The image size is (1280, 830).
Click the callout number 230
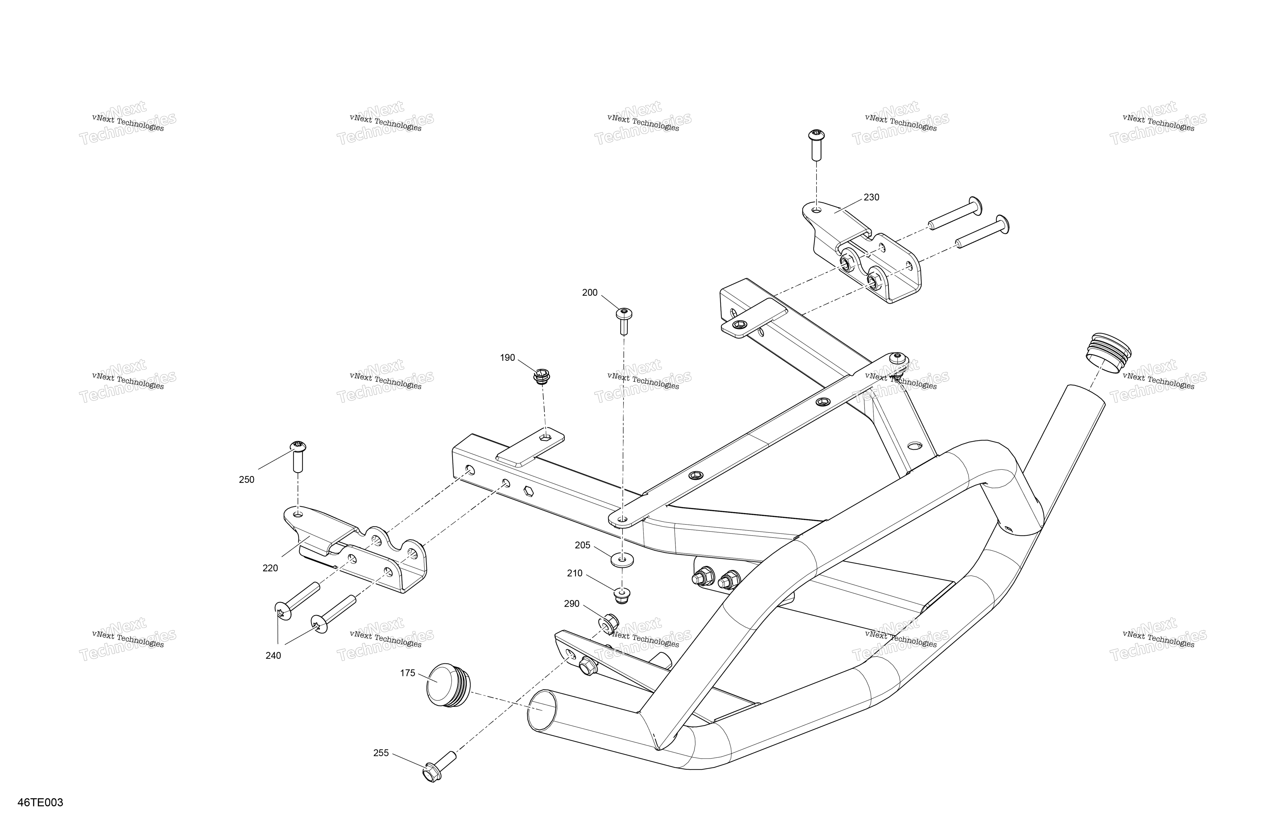(x=871, y=197)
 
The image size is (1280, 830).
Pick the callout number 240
(x=273, y=656)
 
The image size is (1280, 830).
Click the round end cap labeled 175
(x=448, y=685)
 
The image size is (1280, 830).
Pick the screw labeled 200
(x=624, y=321)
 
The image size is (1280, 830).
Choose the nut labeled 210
(x=622, y=595)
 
